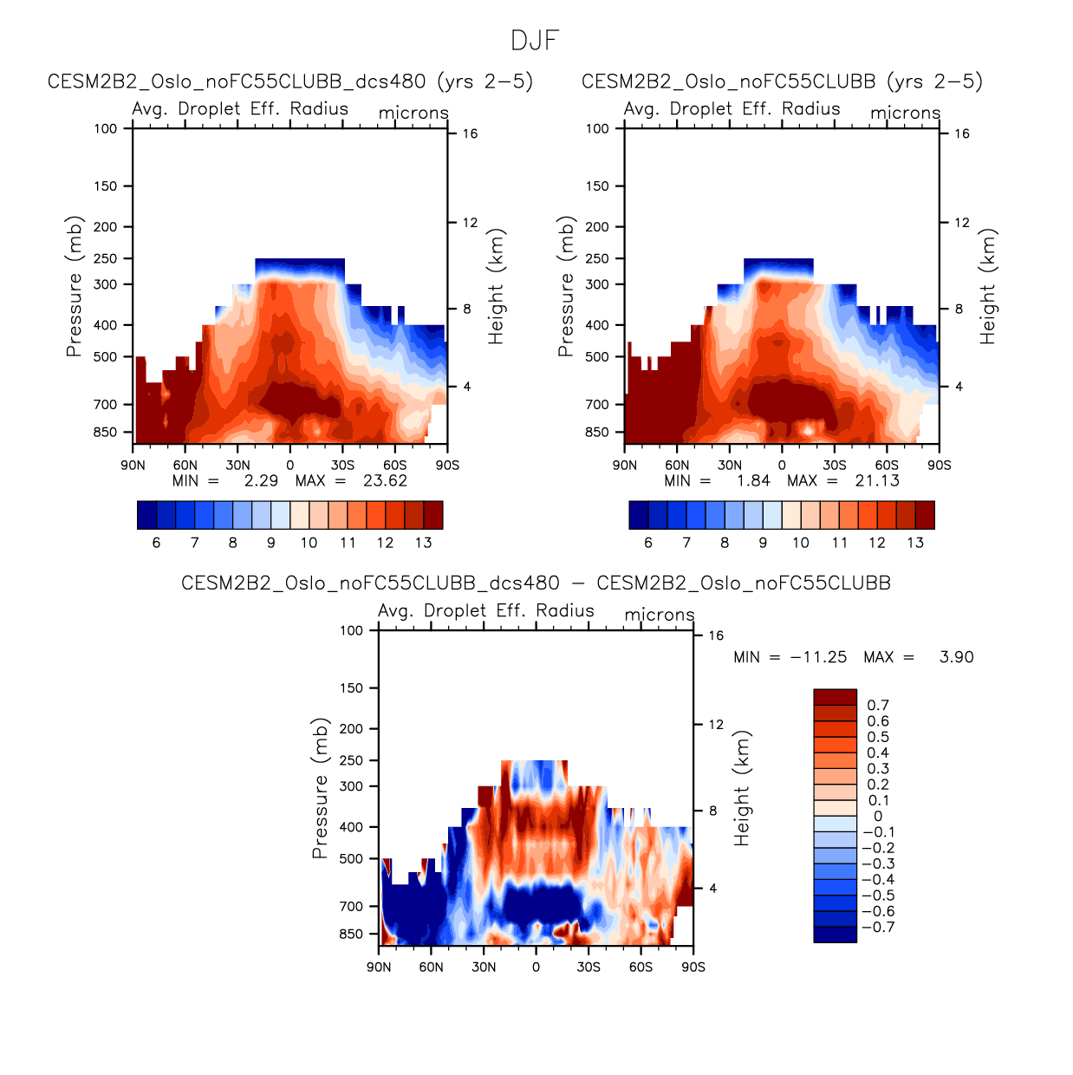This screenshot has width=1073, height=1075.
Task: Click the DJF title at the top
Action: [x=535, y=41]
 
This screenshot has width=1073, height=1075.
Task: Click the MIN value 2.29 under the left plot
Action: [x=261, y=481]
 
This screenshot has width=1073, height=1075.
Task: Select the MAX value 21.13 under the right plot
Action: [x=877, y=481]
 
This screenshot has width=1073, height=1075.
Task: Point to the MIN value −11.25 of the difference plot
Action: [x=818, y=657]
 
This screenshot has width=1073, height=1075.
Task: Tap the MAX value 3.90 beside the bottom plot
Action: [x=956, y=657]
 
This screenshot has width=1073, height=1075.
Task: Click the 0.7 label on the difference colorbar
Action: [x=878, y=706]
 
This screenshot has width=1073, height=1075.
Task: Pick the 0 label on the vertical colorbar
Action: [x=878, y=817]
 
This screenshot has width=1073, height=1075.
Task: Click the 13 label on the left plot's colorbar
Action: [x=423, y=543]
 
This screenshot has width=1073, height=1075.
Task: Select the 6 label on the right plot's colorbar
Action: [x=648, y=543]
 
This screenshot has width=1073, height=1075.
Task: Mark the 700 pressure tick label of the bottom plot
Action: [x=351, y=906]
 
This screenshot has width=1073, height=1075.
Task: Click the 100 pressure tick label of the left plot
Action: [x=106, y=128]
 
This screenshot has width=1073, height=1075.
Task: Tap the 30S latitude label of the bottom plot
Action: [x=589, y=967]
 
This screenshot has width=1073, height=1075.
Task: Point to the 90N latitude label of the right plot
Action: [x=625, y=465]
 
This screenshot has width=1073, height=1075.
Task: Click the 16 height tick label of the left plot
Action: [x=470, y=134]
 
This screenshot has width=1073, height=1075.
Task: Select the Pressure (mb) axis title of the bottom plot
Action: [x=320, y=788]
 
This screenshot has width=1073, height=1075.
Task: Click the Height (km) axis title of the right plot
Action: [x=987, y=286]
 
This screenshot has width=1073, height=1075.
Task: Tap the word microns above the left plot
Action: [x=413, y=113]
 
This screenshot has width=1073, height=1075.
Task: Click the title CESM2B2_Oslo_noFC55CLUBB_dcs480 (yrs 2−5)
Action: [x=290, y=81]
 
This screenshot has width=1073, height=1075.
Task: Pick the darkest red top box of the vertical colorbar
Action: [x=835, y=697]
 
